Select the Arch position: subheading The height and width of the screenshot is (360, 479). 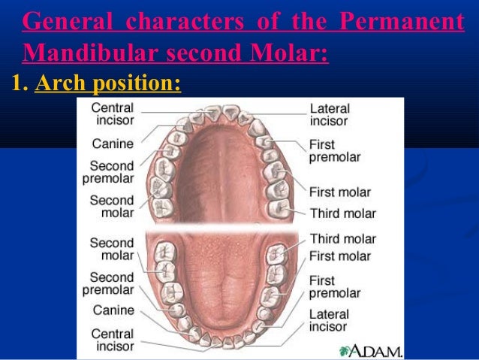point(108,83)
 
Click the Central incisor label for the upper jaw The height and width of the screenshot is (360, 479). point(113,114)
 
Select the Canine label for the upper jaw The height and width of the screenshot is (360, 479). point(113,143)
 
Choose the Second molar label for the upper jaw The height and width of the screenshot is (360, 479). point(112,207)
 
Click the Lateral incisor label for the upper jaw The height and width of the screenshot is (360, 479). point(330,114)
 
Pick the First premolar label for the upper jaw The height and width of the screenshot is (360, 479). point(334,150)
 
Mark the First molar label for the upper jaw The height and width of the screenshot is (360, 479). point(340,192)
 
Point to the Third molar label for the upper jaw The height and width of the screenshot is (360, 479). point(342,213)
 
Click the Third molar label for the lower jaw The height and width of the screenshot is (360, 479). point(342,239)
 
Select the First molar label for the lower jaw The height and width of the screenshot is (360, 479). point(340,256)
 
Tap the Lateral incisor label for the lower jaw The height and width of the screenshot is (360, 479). point(330,321)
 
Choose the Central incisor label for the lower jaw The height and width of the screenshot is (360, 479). point(113,339)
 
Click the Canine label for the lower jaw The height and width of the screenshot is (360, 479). point(113,309)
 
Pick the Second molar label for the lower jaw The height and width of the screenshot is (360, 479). point(112,249)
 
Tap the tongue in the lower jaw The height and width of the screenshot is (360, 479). point(214,278)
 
